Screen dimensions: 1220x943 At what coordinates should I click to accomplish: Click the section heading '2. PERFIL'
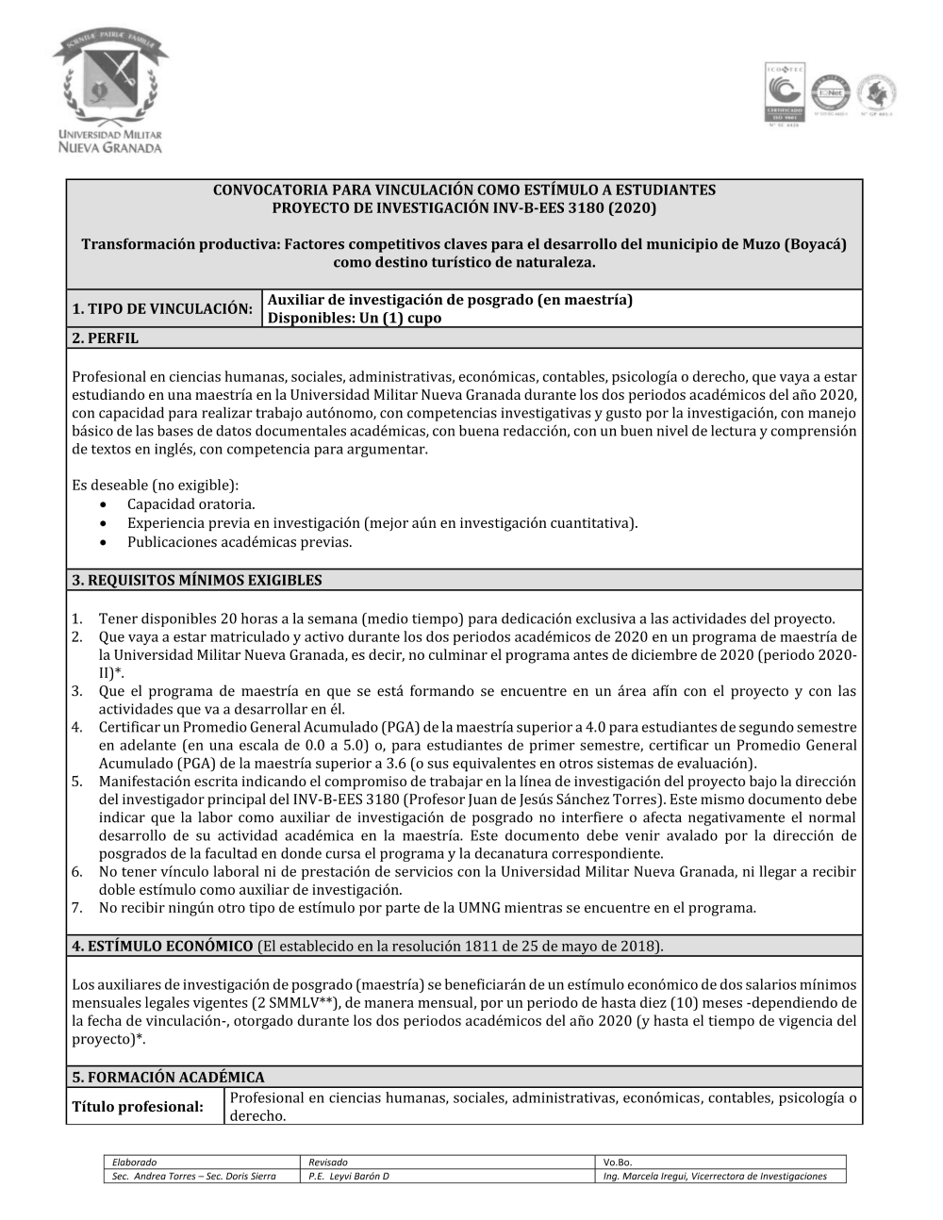click(105, 338)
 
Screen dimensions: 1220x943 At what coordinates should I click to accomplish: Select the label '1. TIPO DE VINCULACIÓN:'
click(162, 309)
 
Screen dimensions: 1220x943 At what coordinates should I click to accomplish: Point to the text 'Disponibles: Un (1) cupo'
click(355, 319)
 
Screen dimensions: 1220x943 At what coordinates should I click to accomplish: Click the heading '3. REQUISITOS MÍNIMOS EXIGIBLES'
click(197, 581)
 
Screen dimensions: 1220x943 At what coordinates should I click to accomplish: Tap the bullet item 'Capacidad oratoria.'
click(191, 504)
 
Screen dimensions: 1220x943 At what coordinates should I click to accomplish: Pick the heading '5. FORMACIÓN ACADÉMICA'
click(168, 1077)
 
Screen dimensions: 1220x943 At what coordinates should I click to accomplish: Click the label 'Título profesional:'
click(138, 1107)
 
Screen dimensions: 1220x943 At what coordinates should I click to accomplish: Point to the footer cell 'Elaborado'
click(134, 1162)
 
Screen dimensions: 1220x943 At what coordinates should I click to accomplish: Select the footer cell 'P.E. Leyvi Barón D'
click(349, 1177)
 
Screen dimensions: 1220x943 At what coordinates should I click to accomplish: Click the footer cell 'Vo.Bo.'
click(617, 1162)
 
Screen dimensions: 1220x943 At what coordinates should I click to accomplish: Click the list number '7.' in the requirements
click(77, 908)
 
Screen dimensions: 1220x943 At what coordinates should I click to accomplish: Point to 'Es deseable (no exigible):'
click(156, 486)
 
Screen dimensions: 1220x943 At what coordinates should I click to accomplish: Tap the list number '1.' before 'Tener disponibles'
click(77, 619)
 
